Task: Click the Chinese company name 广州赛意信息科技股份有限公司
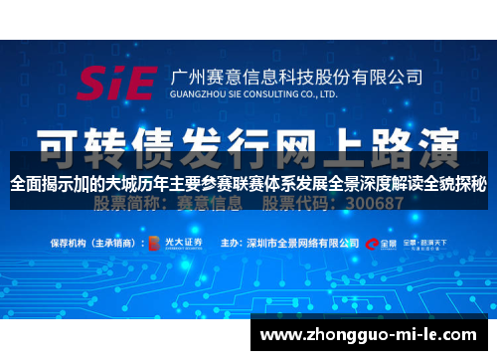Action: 297,76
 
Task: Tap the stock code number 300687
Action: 370,203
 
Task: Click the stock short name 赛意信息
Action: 211,203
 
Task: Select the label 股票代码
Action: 292,203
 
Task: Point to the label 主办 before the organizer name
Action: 230,242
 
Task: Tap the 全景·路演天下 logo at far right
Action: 430,242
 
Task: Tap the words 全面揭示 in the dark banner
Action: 40,183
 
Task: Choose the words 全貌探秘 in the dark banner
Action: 456,183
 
